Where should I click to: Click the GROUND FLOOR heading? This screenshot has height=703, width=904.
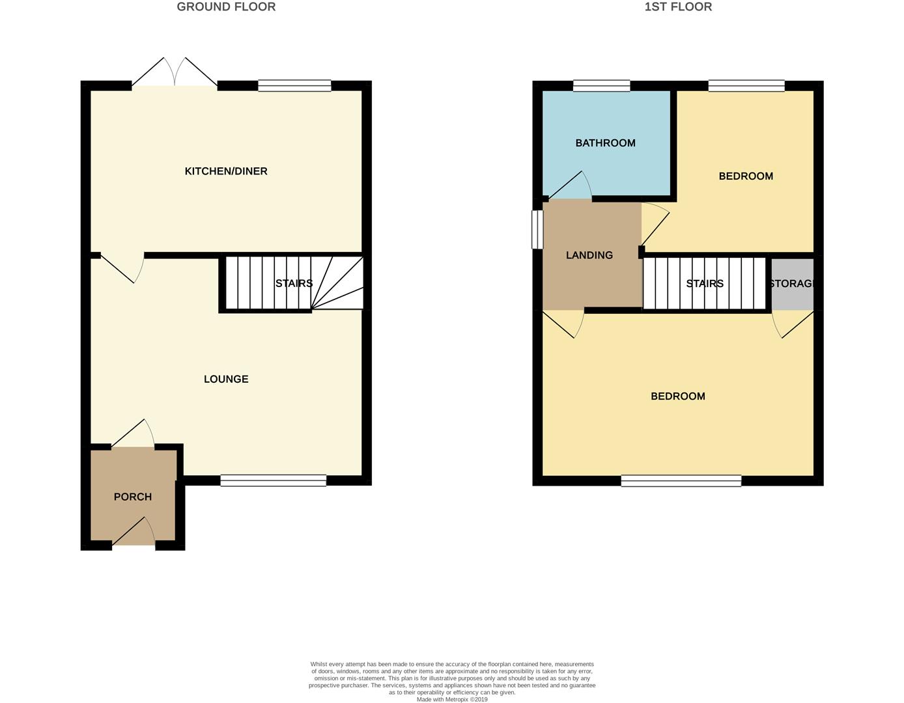(x=226, y=7)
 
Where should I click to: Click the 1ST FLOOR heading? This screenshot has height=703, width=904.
(x=678, y=7)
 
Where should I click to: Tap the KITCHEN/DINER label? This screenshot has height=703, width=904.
(x=226, y=171)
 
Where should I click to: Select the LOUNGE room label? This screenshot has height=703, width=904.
(x=226, y=379)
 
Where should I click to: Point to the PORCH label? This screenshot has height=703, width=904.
(x=133, y=497)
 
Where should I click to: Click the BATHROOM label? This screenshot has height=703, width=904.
(x=605, y=143)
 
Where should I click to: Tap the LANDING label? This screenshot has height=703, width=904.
(x=589, y=255)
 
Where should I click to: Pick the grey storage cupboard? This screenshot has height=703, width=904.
(x=792, y=284)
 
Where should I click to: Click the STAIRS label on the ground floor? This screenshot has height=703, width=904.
(x=294, y=283)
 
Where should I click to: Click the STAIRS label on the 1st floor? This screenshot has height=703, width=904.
(x=704, y=284)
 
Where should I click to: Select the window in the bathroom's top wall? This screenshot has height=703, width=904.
(x=601, y=86)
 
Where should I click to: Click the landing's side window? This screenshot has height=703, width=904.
(x=537, y=230)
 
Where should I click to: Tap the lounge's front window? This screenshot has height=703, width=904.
(x=274, y=480)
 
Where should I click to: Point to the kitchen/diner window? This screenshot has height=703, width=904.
(x=294, y=86)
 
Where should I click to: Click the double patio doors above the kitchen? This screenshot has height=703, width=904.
(x=175, y=72)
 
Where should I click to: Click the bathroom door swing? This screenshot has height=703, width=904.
(x=571, y=186)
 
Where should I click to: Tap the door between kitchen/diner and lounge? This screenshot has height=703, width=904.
(x=122, y=268)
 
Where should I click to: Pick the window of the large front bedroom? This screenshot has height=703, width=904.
(x=681, y=480)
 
